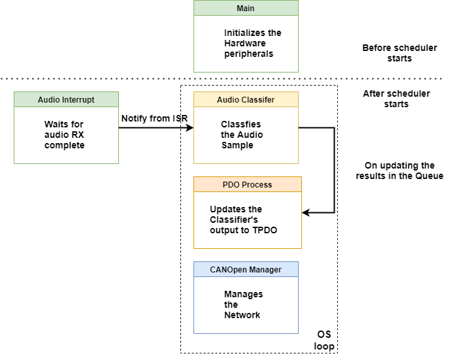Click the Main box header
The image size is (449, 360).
click(x=246, y=8)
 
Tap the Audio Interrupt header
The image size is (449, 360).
click(x=66, y=100)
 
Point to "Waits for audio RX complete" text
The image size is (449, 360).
click(x=65, y=134)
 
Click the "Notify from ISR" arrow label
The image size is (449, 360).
click(x=155, y=118)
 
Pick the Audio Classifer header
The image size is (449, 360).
click(x=246, y=100)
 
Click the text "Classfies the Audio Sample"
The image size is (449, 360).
click(x=242, y=134)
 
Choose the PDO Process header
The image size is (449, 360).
click(x=247, y=185)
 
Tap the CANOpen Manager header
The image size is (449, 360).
click(x=246, y=269)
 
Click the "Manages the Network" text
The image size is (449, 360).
click(x=242, y=304)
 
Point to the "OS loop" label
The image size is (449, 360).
click(x=324, y=340)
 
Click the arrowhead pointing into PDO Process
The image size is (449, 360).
click(x=305, y=212)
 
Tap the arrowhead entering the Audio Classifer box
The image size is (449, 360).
click(x=190, y=128)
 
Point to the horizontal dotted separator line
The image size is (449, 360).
click(x=98, y=78)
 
